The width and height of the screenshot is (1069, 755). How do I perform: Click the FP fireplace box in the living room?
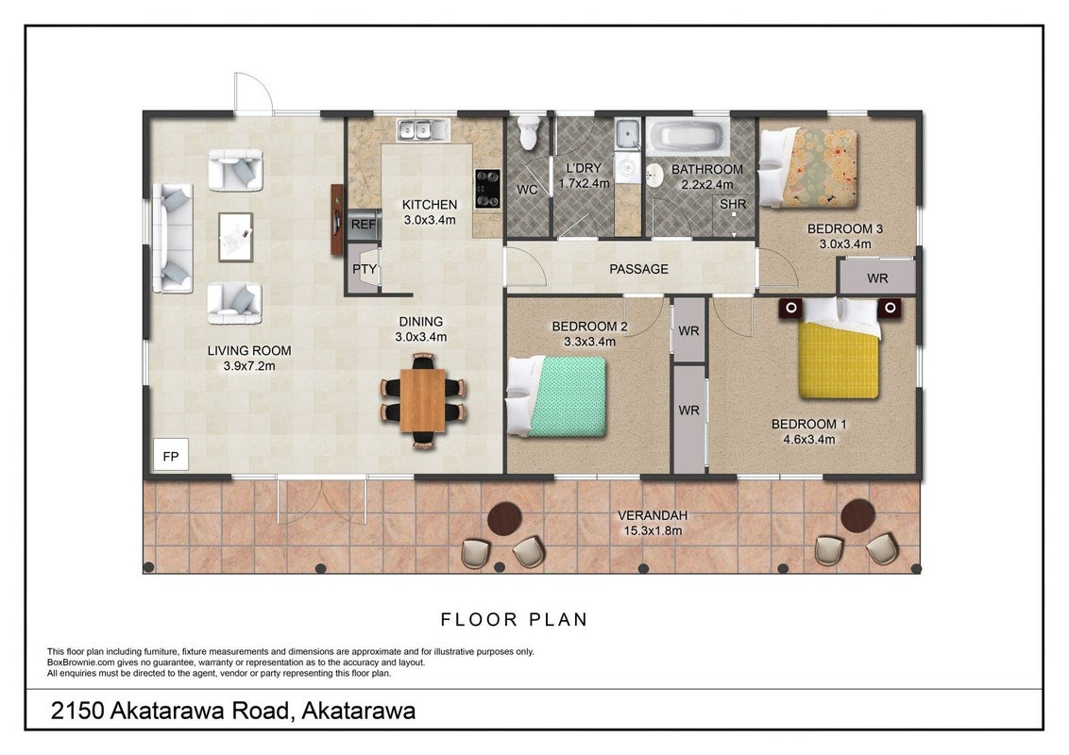pyautogui.click(x=170, y=454)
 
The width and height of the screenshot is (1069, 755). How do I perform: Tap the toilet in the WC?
pyautogui.click(x=529, y=131)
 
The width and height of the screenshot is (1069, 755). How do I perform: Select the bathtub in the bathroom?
pyautogui.click(x=687, y=136)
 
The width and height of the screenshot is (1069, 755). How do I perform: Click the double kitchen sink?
pyautogui.click(x=423, y=129)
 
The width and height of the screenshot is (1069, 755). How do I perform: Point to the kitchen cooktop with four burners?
pyautogui.click(x=487, y=189)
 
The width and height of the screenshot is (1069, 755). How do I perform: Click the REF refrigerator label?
pyautogui.click(x=364, y=225)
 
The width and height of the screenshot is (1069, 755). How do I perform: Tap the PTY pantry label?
pyautogui.click(x=365, y=269)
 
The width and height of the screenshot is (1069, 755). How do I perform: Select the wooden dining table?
pyautogui.click(x=423, y=400)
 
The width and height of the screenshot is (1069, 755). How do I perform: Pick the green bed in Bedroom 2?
pyautogui.click(x=557, y=395)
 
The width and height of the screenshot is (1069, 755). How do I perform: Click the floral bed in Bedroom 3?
pyautogui.click(x=808, y=168)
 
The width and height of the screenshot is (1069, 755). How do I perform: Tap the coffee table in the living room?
pyautogui.click(x=236, y=237)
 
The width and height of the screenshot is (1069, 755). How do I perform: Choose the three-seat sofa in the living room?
pyautogui.click(x=173, y=237)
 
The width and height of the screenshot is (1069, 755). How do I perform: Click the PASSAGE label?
pyautogui.click(x=638, y=269)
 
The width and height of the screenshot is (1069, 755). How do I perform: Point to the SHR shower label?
pyautogui.click(x=733, y=204)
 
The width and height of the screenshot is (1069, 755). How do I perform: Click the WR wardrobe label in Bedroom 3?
pyautogui.click(x=877, y=278)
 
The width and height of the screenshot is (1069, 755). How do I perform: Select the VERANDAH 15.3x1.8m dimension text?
pyautogui.click(x=653, y=524)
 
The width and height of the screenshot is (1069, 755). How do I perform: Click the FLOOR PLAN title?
pyautogui.click(x=514, y=619)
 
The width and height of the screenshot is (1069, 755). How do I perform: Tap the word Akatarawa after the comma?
pyautogui.click(x=359, y=711)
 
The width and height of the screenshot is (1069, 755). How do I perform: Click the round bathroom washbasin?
pyautogui.click(x=654, y=176)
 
